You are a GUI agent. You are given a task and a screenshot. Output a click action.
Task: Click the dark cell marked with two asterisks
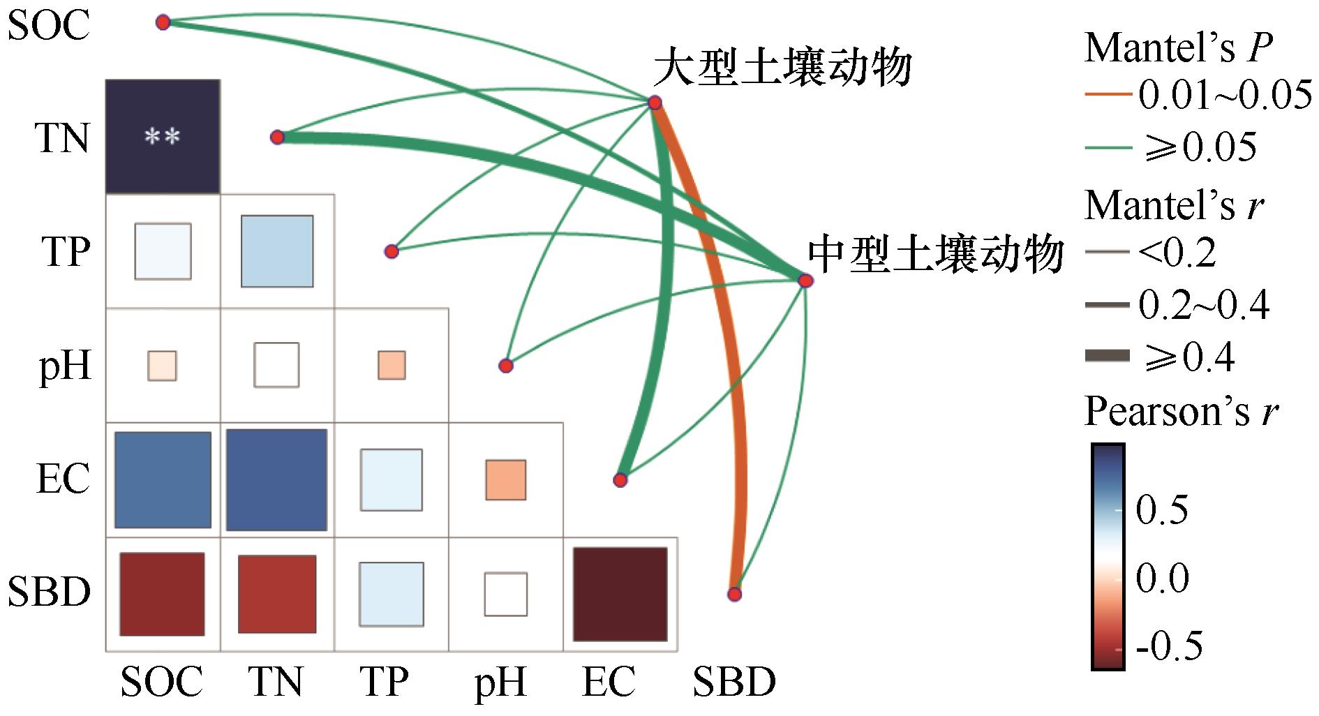(163, 136)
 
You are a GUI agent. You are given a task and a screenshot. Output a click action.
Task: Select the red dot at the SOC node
(163, 23)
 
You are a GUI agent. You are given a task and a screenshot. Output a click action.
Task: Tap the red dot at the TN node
(277, 137)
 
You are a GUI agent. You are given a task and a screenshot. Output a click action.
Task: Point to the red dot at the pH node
(506, 365)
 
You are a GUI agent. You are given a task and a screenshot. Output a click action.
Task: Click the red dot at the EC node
(620, 480)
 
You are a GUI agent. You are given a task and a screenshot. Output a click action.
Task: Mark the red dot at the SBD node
(734, 595)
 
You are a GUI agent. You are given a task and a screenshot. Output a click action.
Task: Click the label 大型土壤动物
(783, 68)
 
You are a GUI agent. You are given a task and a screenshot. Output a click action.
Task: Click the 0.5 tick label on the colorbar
(1162, 511)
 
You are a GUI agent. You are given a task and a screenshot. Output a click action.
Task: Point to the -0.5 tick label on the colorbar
(1169, 646)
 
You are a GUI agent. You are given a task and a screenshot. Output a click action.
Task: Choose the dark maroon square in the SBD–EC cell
(620, 594)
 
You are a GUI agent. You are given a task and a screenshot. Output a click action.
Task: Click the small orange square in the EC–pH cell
(506, 480)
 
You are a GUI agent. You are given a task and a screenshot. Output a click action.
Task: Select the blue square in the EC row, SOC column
(163, 480)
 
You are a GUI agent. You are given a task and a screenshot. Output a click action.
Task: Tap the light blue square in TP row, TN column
(277, 251)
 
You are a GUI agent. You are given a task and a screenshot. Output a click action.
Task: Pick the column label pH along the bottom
(500, 683)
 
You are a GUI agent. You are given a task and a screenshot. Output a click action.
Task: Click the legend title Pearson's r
(1181, 412)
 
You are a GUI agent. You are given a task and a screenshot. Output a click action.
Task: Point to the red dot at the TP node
(392, 251)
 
